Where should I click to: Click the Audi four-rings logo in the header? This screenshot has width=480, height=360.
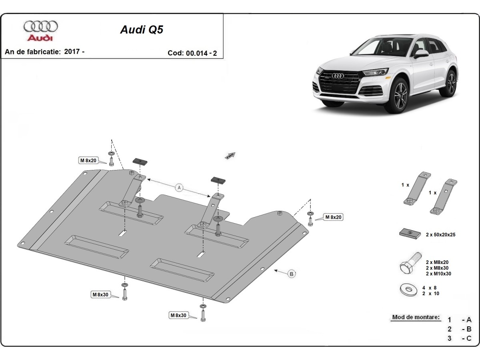40,26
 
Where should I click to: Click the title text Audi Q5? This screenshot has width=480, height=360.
142,30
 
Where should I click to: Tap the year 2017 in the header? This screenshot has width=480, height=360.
72,52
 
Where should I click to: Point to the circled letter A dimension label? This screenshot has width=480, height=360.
179,188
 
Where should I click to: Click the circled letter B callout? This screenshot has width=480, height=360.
292,274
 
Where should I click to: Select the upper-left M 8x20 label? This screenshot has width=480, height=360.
88,160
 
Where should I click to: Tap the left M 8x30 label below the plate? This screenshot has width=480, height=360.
100,295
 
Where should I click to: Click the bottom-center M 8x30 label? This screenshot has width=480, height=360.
178,315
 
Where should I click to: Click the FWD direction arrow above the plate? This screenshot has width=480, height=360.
231,156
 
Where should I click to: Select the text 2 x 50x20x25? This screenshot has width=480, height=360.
440,235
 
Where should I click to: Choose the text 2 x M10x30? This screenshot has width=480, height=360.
439,274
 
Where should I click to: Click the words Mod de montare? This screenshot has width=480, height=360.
416,317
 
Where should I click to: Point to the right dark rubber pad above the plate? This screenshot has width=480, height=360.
218,180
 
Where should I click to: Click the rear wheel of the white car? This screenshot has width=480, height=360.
451,83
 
